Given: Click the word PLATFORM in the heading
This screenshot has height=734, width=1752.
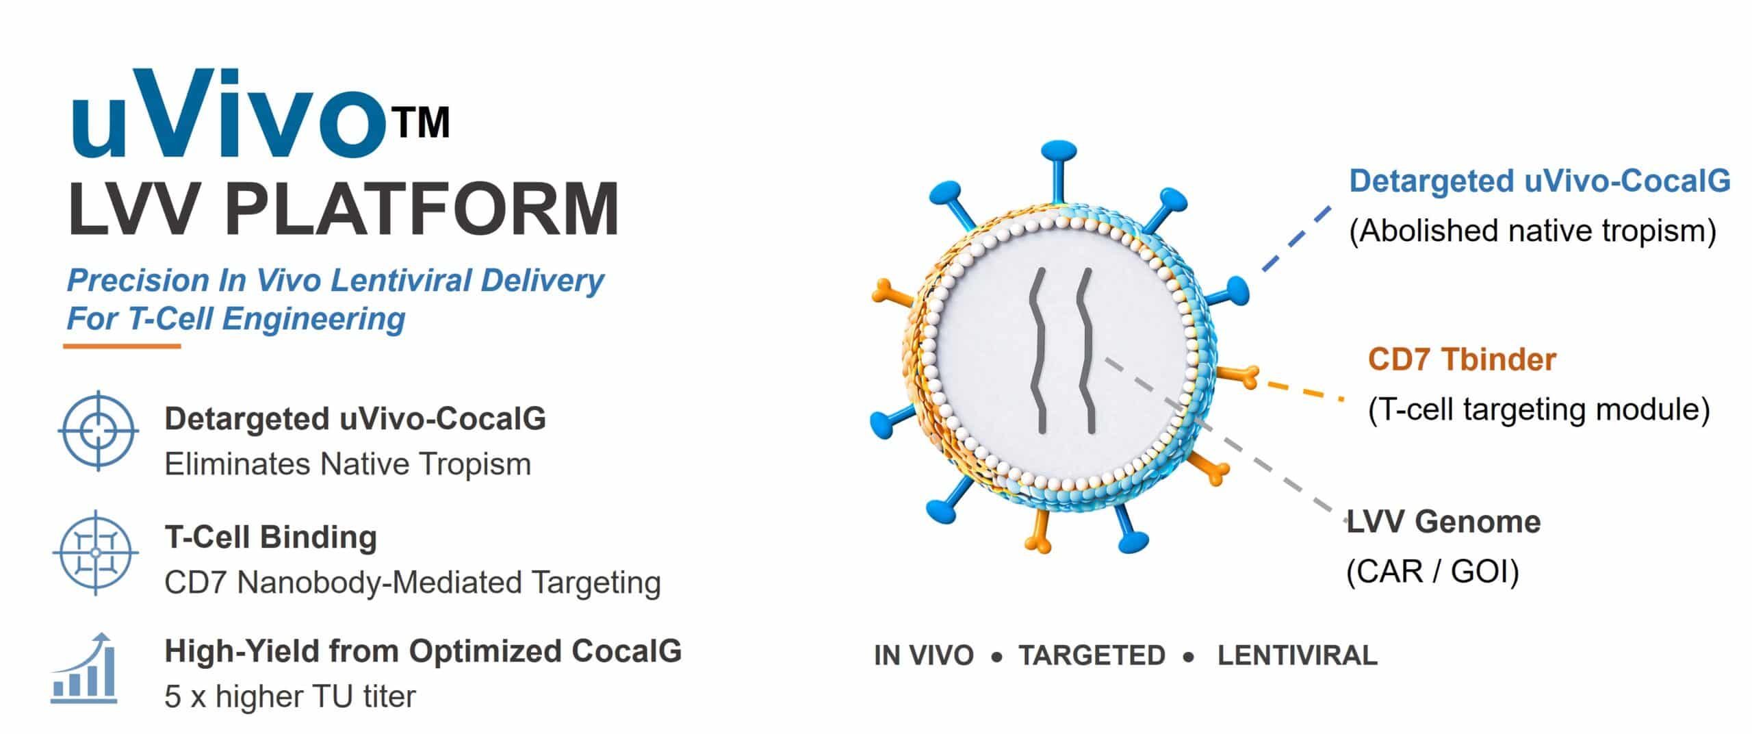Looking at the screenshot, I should tap(422, 208).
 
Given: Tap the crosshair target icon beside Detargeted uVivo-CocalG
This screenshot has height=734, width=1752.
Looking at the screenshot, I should tap(98, 431).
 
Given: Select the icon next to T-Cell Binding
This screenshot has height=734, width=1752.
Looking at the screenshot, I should tap(96, 552).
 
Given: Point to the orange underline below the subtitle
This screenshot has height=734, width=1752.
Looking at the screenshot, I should tap(122, 346).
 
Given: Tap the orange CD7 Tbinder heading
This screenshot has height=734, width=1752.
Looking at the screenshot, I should tap(1462, 359).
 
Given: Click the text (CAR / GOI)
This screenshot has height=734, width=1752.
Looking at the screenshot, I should tap(1432, 572).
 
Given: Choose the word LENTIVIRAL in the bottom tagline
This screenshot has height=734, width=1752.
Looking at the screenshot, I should tap(1297, 655).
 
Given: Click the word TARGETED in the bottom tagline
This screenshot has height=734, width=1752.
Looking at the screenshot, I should tap(1092, 655).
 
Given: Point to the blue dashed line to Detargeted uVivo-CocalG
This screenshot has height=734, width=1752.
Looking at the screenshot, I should tap(1297, 238).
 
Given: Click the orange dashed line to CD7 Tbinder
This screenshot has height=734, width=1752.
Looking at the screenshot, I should tap(1304, 391).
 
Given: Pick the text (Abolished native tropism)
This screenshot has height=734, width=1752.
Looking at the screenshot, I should tap(1532, 231).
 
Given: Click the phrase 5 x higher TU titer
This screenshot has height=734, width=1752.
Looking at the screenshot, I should tap(290, 697).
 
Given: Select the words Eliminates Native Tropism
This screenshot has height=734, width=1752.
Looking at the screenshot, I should tap(348, 464).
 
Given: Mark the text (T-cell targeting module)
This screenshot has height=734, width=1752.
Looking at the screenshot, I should tap(1538, 409).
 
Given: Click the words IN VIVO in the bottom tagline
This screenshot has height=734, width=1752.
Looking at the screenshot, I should tap(923, 655).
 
